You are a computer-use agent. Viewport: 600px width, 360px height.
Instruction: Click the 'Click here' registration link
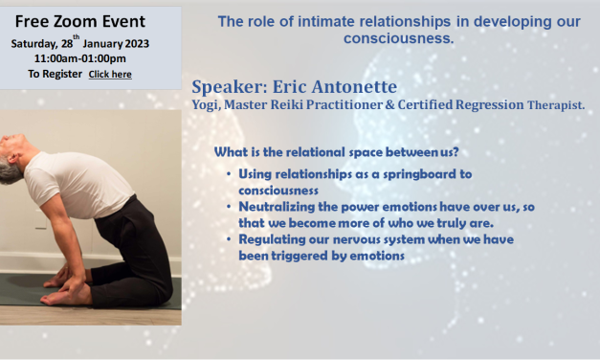click(110, 74)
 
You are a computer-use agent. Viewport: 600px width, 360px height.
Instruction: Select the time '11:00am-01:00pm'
click(73, 58)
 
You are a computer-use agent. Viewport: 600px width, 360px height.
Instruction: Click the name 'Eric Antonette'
click(327, 87)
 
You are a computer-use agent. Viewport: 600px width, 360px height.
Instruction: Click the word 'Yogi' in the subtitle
click(208, 104)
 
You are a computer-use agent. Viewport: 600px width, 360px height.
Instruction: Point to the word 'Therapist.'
click(558, 105)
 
